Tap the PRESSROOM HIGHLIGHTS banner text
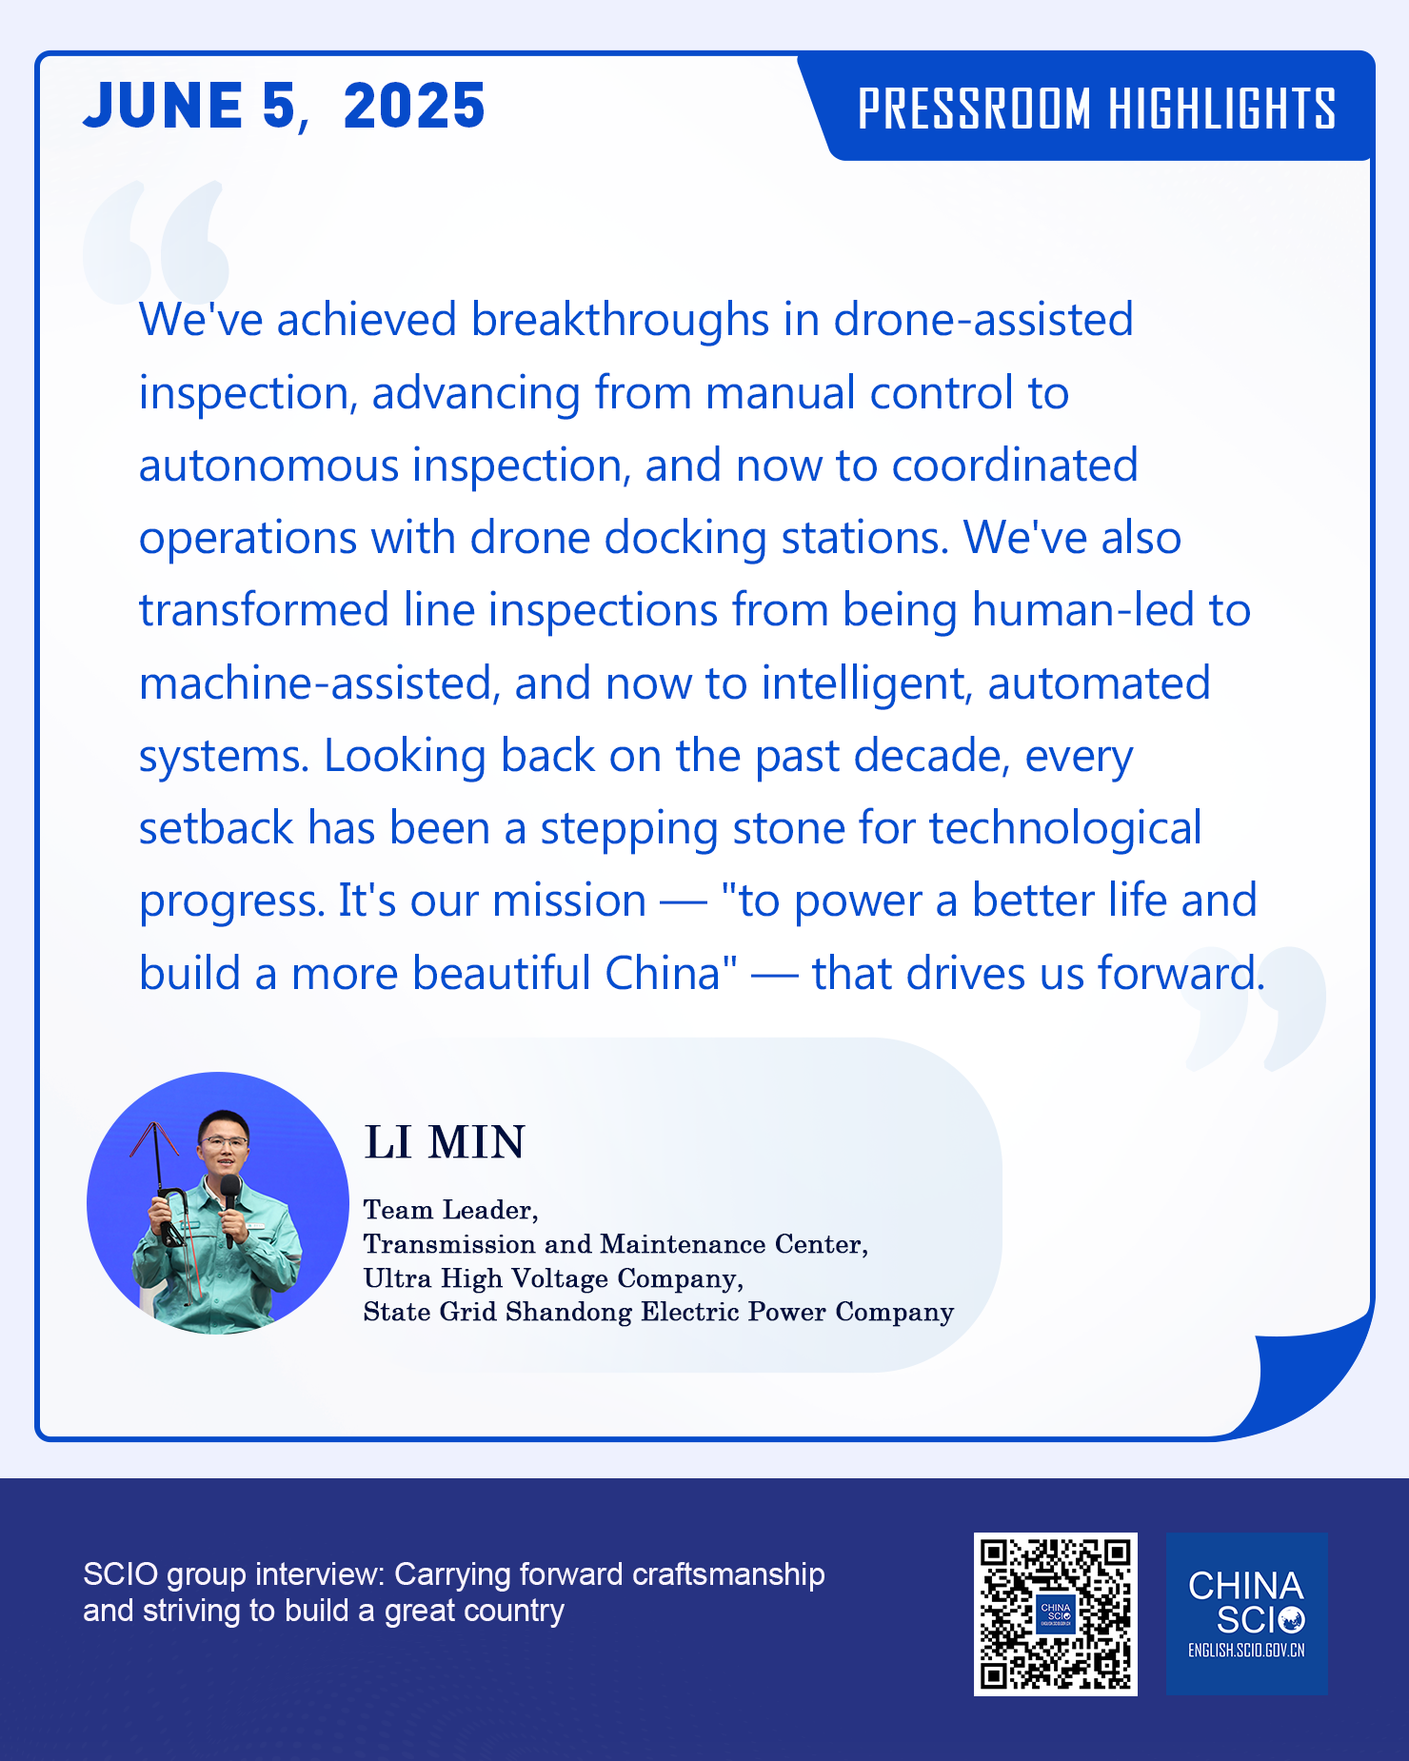[1097, 109]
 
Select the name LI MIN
[445, 1142]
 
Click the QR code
[1055, 1613]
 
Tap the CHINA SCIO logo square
[1246, 1613]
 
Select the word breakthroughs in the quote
[620, 320]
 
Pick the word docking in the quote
[685, 539]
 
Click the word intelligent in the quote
[867, 684]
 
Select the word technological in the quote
[1065, 829]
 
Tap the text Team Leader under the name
[450, 1210]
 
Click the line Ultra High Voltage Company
[553, 1278]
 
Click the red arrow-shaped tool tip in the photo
[154, 1139]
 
